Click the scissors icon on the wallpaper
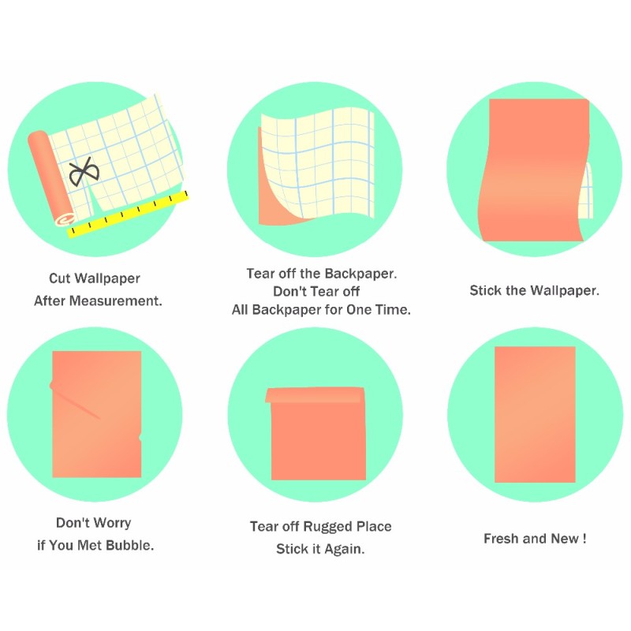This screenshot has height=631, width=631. [84, 171]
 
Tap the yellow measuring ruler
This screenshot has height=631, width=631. [128, 214]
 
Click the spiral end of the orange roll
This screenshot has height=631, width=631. [65, 219]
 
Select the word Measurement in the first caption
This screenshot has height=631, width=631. [116, 301]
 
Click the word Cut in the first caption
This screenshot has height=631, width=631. [60, 278]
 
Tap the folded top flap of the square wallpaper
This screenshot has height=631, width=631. [315, 395]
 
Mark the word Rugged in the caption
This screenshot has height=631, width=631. [327, 526]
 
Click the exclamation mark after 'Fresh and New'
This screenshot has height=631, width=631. [584, 539]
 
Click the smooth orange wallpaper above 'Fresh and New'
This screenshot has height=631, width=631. [535, 415]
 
